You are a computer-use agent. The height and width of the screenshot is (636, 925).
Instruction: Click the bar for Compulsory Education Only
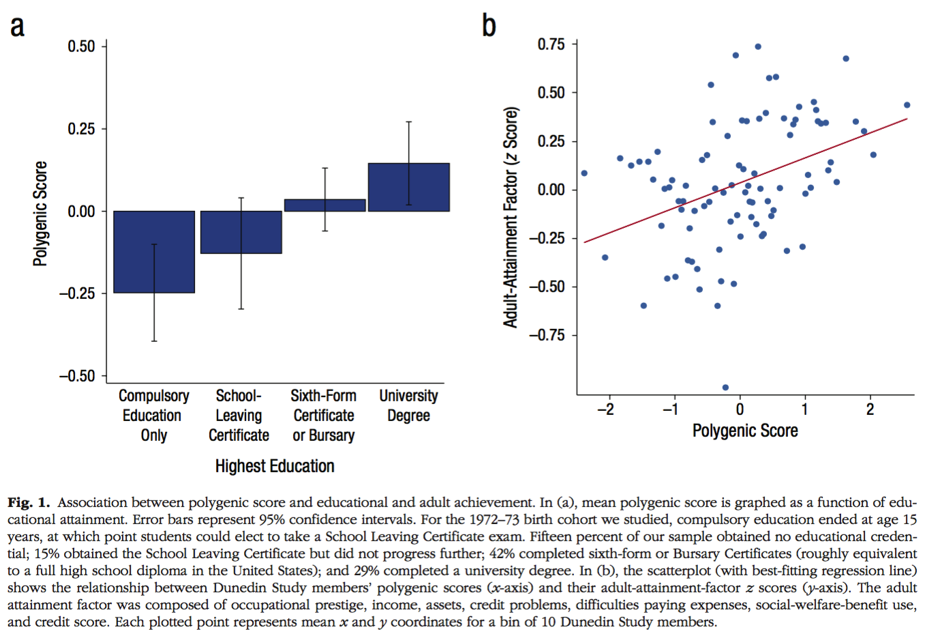pos(154,252)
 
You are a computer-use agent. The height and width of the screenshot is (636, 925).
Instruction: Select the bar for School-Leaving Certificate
pos(241,232)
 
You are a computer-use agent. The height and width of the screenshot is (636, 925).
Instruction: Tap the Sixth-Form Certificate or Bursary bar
pos(324,205)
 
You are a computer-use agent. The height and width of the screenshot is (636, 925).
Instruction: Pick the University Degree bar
pos(408,187)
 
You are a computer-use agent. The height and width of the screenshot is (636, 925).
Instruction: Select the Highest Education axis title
pos(275,466)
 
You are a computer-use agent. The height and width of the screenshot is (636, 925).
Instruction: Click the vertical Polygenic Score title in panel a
pos(40,214)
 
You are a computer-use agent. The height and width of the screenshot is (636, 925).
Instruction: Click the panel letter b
pos(489,26)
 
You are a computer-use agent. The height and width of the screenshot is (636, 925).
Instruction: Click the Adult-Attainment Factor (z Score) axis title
pos(511,217)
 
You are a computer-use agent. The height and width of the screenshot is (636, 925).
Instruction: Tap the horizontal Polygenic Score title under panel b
pos(745,431)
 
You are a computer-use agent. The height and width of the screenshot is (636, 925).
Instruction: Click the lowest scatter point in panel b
pos(725,388)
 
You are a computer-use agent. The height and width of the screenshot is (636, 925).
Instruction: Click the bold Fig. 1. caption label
pos(29,503)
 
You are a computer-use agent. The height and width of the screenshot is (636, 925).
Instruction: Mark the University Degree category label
pos(408,405)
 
